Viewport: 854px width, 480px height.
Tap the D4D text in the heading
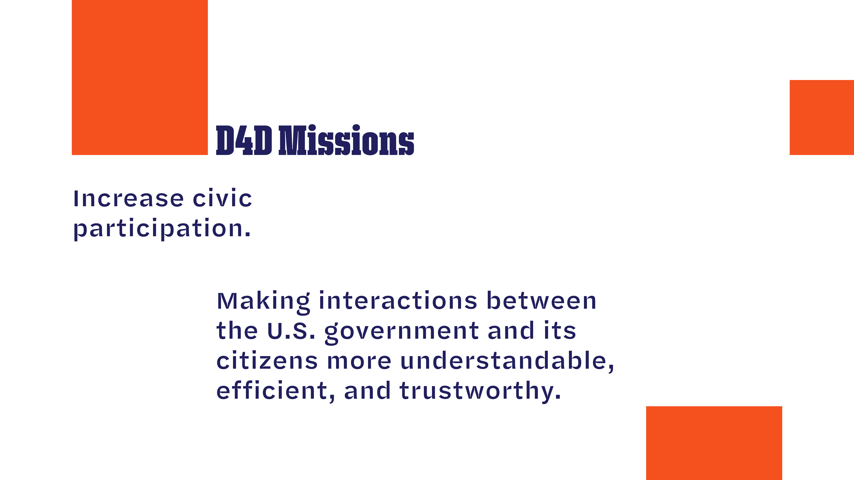(244, 140)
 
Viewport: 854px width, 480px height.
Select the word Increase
(128, 199)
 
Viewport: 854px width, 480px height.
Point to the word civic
(223, 198)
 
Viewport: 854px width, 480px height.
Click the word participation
(162, 229)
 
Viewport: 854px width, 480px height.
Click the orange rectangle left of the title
(140, 77)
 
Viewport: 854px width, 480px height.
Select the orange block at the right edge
(822, 117)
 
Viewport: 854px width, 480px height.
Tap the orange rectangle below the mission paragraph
(714, 443)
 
